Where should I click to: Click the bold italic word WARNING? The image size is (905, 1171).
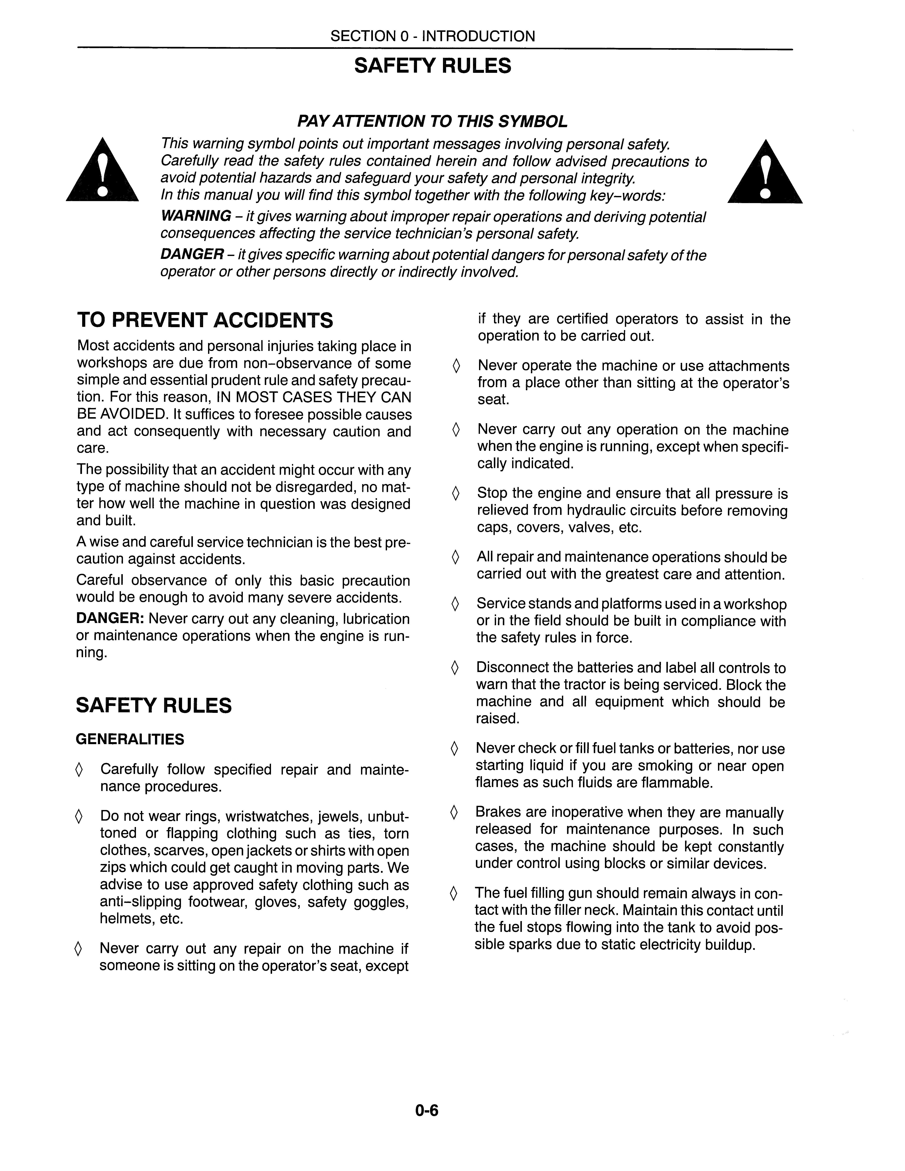[196, 216]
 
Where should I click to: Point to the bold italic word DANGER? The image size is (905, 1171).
[192, 254]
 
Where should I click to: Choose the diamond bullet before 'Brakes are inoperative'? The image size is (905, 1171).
[455, 813]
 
